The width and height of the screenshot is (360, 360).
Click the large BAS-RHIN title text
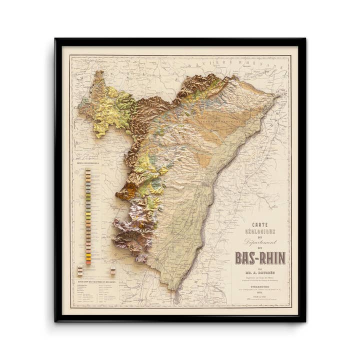(260, 257)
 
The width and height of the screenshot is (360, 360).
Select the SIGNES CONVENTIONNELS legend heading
(87, 163)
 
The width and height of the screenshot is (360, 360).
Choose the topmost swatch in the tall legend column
(88, 171)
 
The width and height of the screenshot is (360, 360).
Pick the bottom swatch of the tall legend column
(88, 262)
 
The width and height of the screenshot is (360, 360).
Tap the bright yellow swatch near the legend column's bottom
(88, 254)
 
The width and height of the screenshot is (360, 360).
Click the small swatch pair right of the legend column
(112, 270)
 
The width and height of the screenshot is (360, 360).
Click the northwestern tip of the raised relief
(98, 73)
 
